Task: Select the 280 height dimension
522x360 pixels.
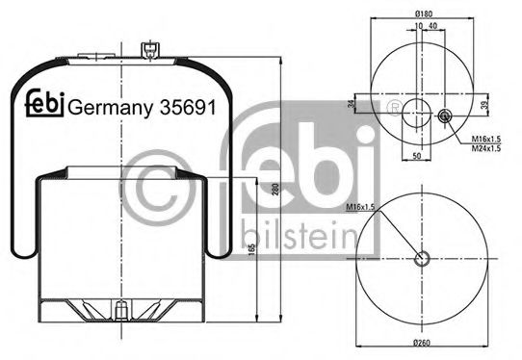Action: point(275,190)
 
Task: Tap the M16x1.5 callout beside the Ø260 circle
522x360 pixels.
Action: point(359,207)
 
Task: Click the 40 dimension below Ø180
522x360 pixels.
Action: point(432,28)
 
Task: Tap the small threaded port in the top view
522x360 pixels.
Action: point(445,116)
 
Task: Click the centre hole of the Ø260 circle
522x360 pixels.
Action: point(421,257)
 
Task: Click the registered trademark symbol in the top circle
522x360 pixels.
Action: point(394,105)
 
